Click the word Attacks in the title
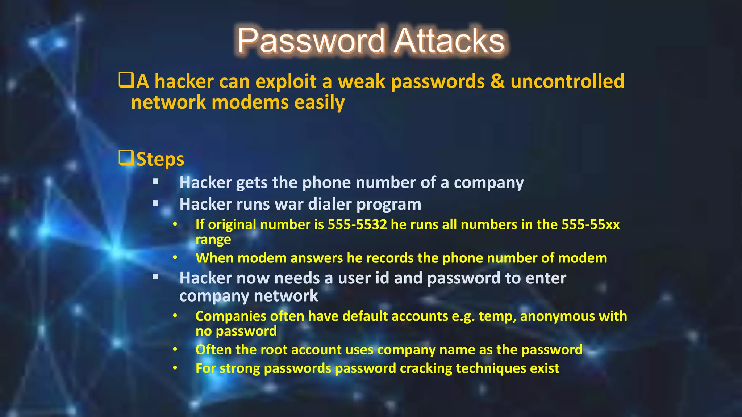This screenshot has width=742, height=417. tap(449, 41)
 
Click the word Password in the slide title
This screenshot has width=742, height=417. tap(311, 41)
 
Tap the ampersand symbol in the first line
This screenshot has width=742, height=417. tap(497, 81)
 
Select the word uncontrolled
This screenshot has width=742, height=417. tap(567, 81)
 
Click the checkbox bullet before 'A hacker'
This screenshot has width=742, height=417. tap(126, 80)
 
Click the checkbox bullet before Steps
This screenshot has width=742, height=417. tap(126, 158)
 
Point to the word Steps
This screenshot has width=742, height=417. tap(160, 159)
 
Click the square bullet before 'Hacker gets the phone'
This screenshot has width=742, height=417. tap(156, 182)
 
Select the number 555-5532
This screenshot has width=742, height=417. tap(357, 224)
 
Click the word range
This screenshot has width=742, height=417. tap(213, 240)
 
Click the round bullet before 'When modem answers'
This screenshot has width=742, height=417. tap(175, 258)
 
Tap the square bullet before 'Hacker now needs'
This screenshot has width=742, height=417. tap(156, 278)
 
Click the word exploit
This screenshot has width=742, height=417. tap(286, 81)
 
